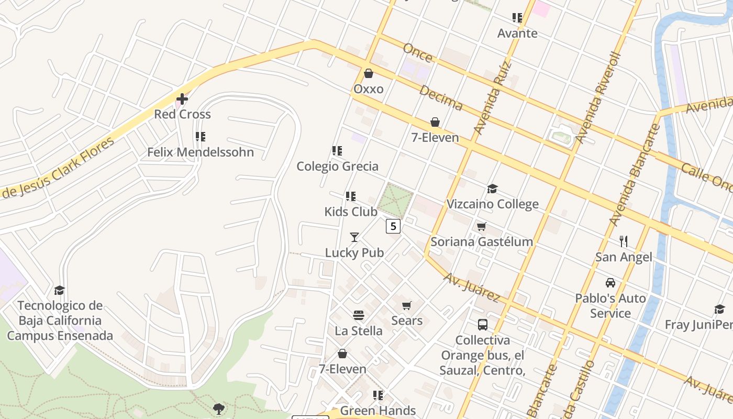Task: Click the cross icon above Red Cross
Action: click(x=182, y=98)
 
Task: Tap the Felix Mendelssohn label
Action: click(x=200, y=152)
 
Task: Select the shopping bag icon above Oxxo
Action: click(x=369, y=73)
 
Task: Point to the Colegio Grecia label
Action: click(x=337, y=167)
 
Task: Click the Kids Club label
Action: click(x=350, y=212)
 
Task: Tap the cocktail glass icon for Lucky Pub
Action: click(x=354, y=237)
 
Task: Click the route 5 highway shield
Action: click(x=393, y=226)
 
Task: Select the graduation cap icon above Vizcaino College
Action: click(x=492, y=189)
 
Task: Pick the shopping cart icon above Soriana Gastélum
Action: click(x=481, y=226)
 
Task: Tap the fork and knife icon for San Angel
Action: click(x=624, y=241)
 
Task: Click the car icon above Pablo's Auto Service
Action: click(x=610, y=283)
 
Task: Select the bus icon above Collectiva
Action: click(x=482, y=325)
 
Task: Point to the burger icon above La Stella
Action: click(x=359, y=315)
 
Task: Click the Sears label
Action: click(x=407, y=321)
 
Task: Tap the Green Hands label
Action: click(x=377, y=411)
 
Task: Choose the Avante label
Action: click(x=517, y=34)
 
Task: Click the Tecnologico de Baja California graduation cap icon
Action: click(x=60, y=290)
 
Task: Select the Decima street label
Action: click(x=441, y=98)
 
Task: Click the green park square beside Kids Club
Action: click(x=395, y=200)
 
